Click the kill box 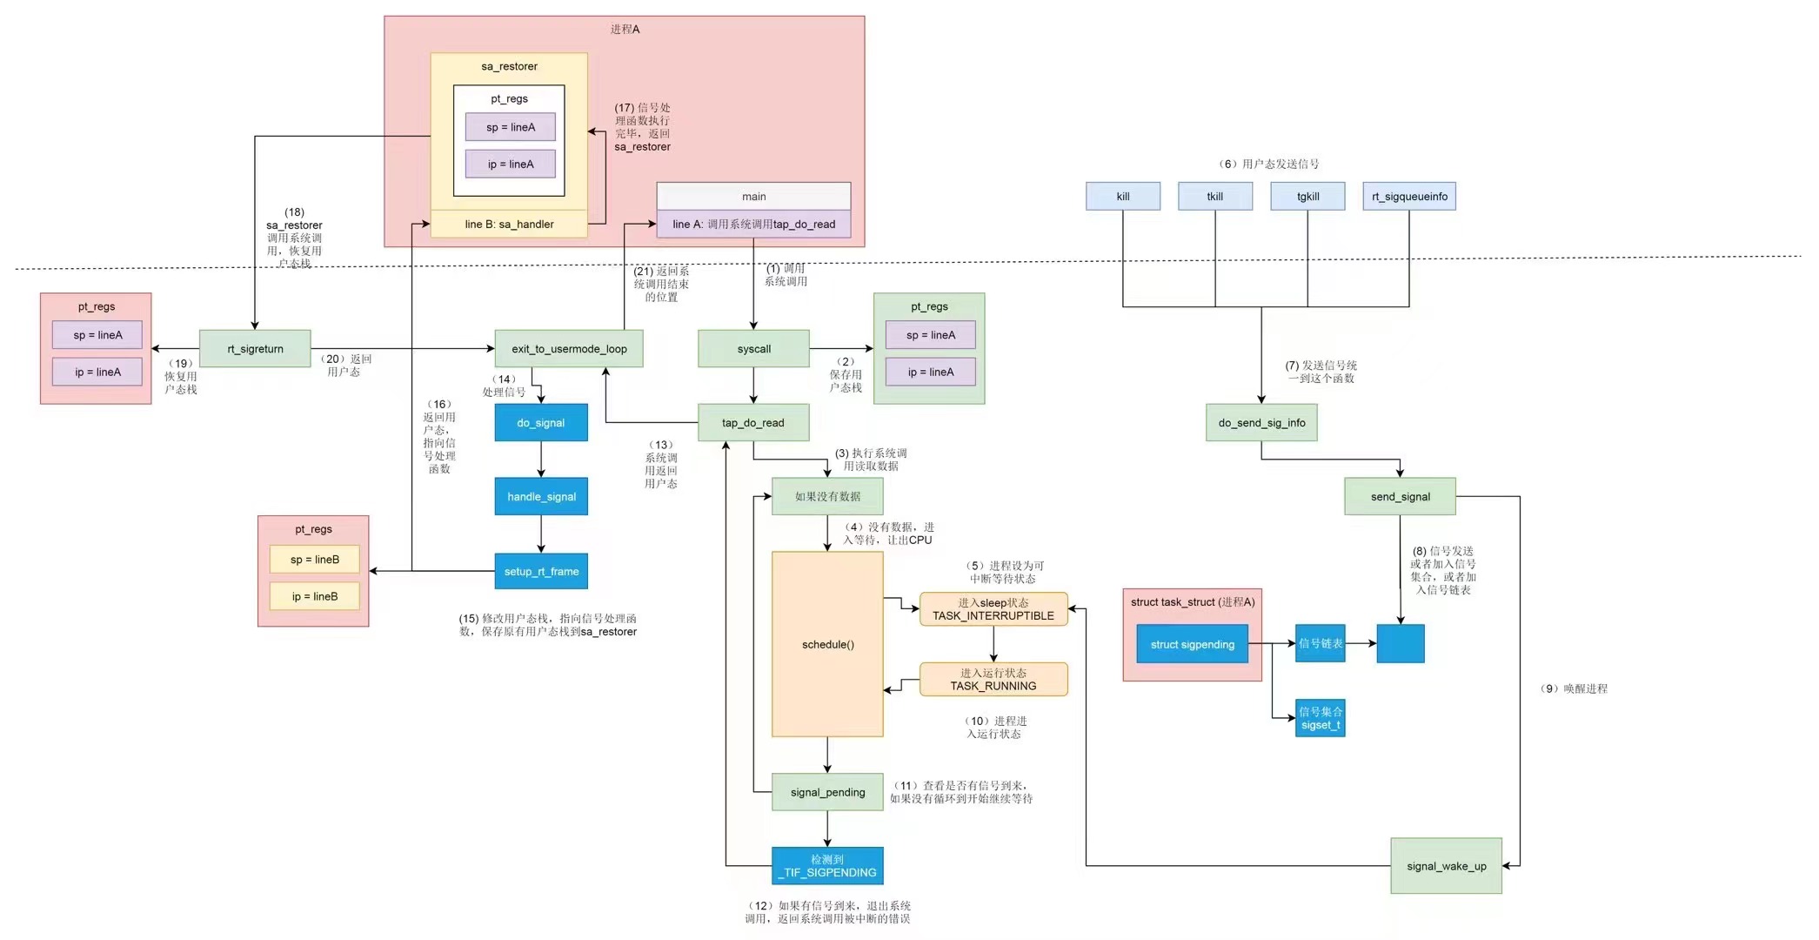click(x=1122, y=196)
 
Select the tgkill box click(x=1307, y=196)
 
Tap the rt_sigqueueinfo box click(x=1408, y=196)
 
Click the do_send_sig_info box click(x=1261, y=422)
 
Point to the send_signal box click(x=1400, y=496)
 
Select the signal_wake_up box click(x=1446, y=865)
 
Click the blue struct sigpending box click(x=1192, y=644)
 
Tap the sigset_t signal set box click(x=1320, y=718)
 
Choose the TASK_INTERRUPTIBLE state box click(x=993, y=609)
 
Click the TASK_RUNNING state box click(x=993, y=679)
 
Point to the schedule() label click(x=827, y=644)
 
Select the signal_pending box click(x=827, y=792)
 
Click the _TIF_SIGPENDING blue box click(x=827, y=865)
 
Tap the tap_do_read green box click(x=753, y=422)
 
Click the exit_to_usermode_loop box click(x=569, y=348)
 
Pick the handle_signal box click(x=541, y=496)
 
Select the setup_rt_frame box click(x=541, y=571)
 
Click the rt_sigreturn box click(x=255, y=348)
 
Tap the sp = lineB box click(x=314, y=559)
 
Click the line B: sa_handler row click(x=509, y=224)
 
